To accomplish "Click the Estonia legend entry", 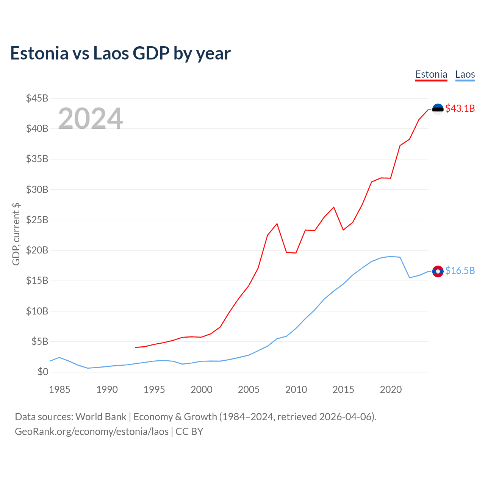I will point(431,74).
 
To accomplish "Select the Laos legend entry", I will point(465,74).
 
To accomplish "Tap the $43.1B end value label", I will point(460,109).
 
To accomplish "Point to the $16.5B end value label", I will point(460,271).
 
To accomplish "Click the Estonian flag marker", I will point(438,109).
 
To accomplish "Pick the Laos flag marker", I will point(438,271).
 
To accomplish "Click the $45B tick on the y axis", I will point(37,99).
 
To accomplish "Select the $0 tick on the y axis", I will point(43,372).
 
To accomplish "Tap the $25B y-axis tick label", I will point(37,220).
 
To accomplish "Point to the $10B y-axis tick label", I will point(37,311).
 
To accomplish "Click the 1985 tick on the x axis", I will point(59,390).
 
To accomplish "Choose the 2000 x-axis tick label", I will point(201,390).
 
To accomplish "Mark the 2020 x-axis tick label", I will point(391,390).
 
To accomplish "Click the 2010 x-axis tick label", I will point(296,390).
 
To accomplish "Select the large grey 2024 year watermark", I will point(90,119).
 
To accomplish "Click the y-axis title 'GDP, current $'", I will point(16,234).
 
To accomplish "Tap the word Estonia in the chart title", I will point(39,53).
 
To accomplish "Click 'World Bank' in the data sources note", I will point(101,417).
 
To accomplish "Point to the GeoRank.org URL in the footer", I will point(92,432).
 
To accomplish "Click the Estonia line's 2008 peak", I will point(277,224).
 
